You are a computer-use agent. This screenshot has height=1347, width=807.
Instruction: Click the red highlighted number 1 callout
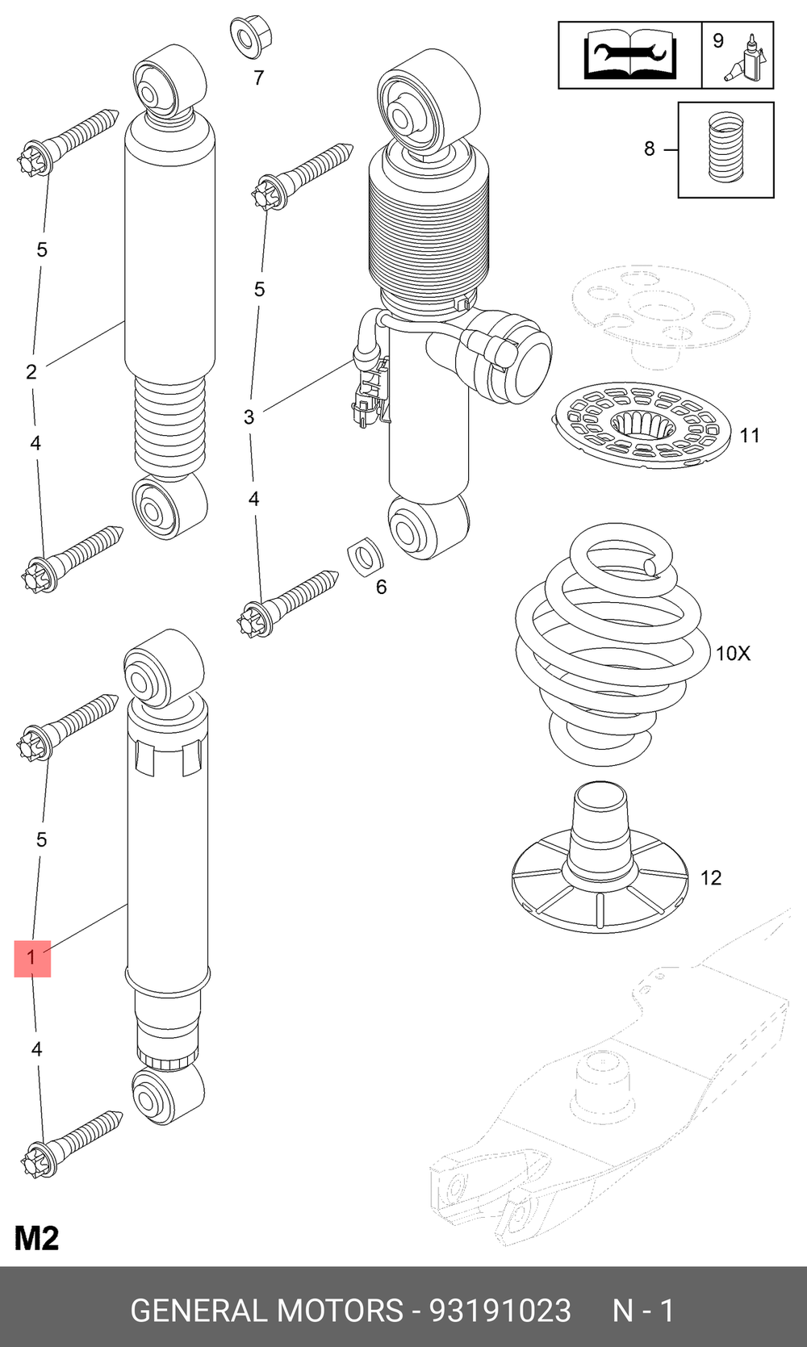pos(31,959)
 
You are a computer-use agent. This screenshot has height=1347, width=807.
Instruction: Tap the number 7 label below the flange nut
pos(258,78)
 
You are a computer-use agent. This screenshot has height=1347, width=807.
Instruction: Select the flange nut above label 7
pos(251,38)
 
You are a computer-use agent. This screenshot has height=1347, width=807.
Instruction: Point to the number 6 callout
pos(381,587)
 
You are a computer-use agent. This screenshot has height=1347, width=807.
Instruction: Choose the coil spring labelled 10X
pos(608,643)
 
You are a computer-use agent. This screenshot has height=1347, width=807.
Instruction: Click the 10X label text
pos(733,653)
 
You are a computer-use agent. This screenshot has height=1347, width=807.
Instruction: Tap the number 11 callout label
pos(749,435)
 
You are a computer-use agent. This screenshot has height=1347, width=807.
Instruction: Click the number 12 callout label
pos(711,878)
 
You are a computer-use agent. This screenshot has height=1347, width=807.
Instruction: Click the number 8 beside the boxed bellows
pos(650,149)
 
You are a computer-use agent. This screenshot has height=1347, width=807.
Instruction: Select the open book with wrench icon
pos(630,56)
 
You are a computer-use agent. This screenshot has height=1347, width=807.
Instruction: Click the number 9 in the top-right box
pos(718,41)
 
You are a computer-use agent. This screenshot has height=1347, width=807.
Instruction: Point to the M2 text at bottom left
pos(36,1239)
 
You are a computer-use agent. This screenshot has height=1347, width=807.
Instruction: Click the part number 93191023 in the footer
pos(500,1311)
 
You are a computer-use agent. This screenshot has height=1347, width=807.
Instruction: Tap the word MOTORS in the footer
pos(341,1311)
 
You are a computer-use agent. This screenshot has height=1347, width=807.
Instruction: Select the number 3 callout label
pos(249,417)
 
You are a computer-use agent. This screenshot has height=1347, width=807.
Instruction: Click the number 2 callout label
pos(31,372)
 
